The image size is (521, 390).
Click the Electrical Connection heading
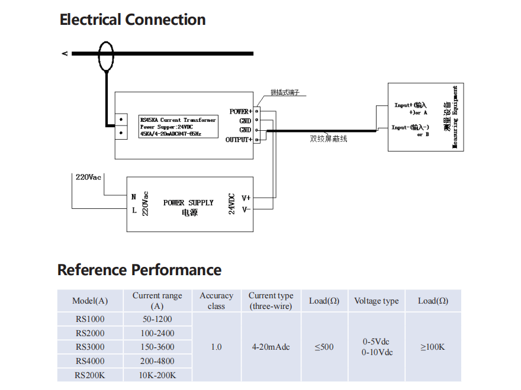tap(133, 20)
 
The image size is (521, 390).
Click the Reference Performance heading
tap(139, 270)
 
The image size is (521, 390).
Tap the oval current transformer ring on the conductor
tap(106, 55)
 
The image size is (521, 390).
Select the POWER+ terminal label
tap(240, 111)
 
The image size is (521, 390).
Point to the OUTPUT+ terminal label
tap(239, 140)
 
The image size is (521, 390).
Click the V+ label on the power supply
tap(246, 198)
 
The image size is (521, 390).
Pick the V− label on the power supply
tap(246, 209)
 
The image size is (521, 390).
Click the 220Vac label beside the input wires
tap(88, 177)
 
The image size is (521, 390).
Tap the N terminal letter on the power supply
tap(134, 197)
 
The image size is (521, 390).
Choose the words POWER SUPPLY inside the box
tap(188, 202)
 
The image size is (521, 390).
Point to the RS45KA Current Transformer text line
tap(177, 120)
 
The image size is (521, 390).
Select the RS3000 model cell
tap(90, 347)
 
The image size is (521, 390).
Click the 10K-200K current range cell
tap(157, 375)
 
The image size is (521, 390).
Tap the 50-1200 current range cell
tap(157, 319)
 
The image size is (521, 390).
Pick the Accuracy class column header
tap(216, 301)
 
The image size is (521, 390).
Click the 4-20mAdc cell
tap(271, 347)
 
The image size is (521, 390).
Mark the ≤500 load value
tap(324, 347)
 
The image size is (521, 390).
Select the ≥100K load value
tap(433, 347)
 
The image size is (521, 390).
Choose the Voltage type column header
tap(376, 301)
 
